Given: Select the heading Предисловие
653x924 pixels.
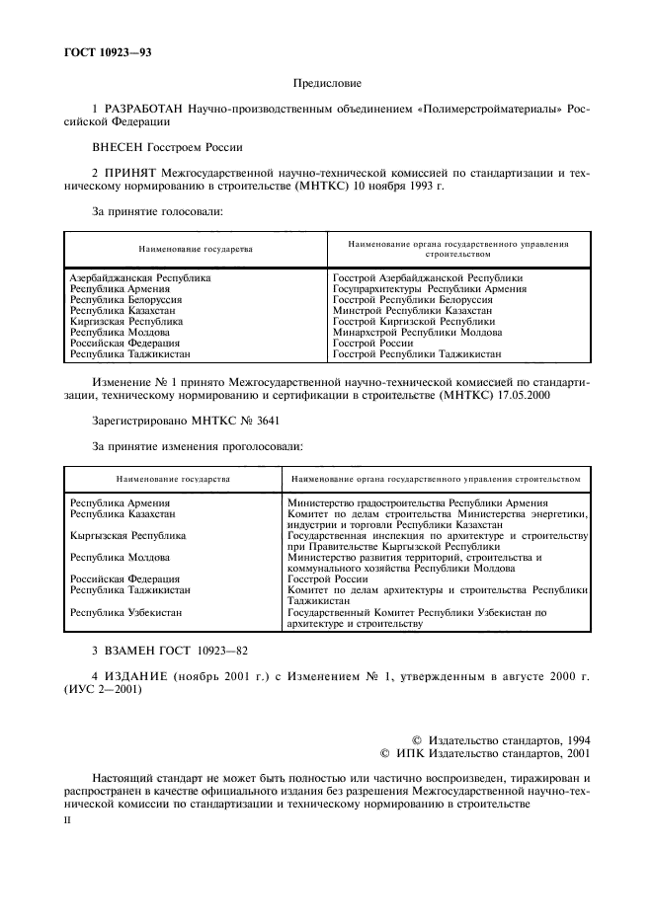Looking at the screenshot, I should coord(327,84).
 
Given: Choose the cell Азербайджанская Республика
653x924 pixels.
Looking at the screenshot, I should coord(139,278).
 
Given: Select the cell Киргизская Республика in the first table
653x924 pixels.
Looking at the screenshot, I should coord(126,321).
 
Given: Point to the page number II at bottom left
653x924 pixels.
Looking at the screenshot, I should coord(67,818).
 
